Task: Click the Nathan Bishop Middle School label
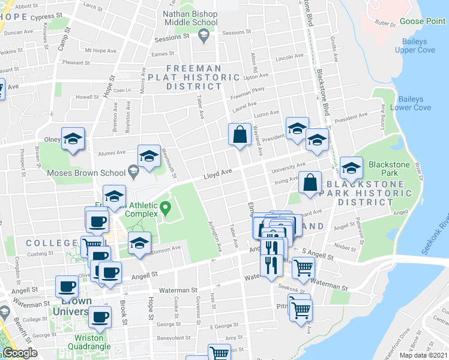pyautogui.click(x=189, y=18)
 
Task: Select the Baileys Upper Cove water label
pyautogui.click(x=415, y=46)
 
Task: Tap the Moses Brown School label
pyautogui.click(x=87, y=173)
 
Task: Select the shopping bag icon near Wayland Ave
pyautogui.click(x=240, y=135)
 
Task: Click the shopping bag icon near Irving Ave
pyautogui.click(x=310, y=183)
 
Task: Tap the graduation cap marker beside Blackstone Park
pyautogui.click(x=351, y=167)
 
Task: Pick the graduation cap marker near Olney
pyautogui.click(x=73, y=140)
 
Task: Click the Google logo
pyautogui.click(x=20, y=353)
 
